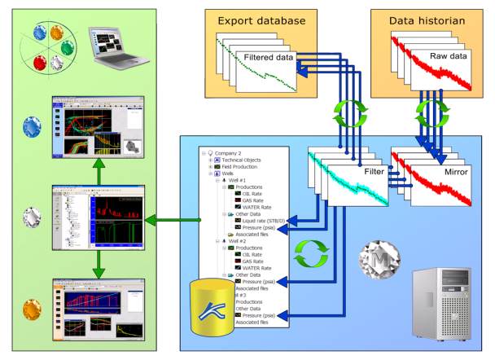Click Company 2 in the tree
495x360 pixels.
230,152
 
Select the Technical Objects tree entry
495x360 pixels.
242,160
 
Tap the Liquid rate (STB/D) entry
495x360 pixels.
260,220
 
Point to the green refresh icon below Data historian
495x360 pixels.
429,112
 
